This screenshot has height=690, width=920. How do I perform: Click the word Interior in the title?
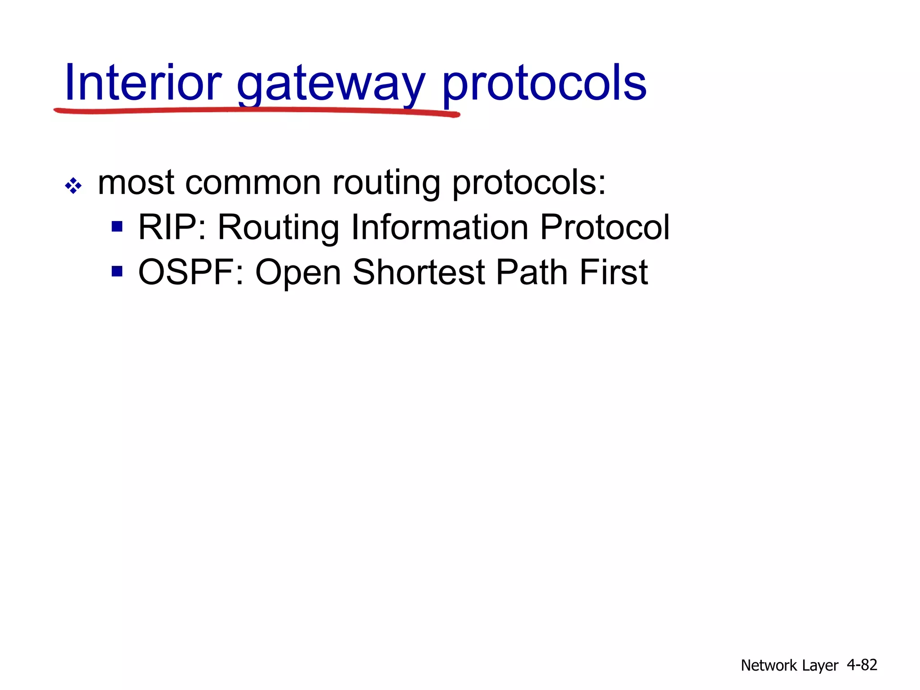point(143,83)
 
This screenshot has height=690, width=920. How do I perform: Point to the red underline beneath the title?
point(256,111)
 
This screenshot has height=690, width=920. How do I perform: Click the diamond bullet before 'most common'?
point(73,186)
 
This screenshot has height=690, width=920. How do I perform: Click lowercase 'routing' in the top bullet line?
point(386,184)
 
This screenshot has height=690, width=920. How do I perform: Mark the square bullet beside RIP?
point(117,226)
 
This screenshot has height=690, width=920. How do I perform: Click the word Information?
point(439,227)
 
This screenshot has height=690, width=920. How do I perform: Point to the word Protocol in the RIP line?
point(605,227)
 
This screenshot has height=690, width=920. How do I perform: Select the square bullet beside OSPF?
point(117,271)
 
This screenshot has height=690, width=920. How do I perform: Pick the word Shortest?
point(419,272)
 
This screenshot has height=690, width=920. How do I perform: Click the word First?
point(613,272)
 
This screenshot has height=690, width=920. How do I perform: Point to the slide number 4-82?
point(862,664)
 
